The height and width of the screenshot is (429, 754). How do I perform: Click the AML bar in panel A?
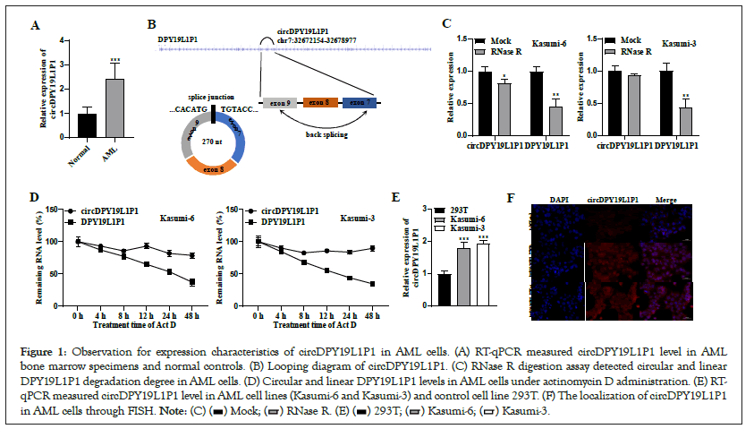(114, 108)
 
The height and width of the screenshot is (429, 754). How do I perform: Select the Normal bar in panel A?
(87, 125)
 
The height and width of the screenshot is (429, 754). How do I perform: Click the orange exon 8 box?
(321, 104)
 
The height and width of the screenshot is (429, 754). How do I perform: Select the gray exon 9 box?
(280, 104)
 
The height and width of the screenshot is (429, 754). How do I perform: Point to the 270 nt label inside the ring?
(212, 141)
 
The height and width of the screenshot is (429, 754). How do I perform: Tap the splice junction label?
(210, 96)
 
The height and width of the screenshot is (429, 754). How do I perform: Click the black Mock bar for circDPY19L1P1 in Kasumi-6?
(485, 102)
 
